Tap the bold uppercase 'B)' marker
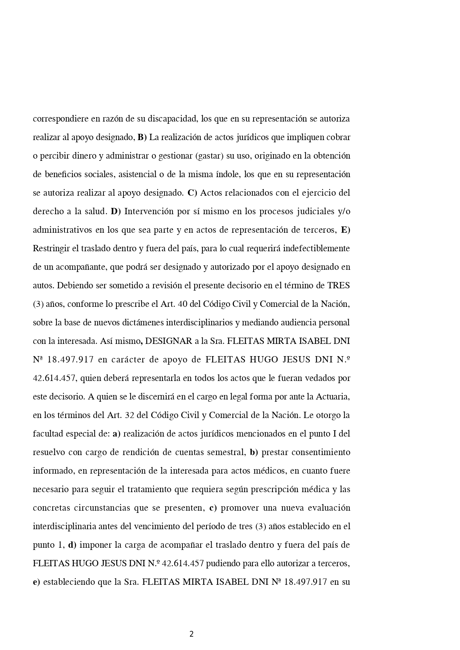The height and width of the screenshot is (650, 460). (x=142, y=137)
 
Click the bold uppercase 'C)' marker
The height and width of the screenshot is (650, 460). (x=192, y=193)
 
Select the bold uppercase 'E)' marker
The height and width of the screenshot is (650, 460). (x=345, y=230)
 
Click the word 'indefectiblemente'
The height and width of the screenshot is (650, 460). (x=316, y=249)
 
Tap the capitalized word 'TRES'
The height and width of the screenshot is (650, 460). (x=338, y=286)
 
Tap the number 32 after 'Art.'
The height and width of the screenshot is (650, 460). (x=129, y=415)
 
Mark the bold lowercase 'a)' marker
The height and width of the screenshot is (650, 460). (x=116, y=434)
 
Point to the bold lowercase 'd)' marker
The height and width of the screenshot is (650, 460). (x=72, y=545)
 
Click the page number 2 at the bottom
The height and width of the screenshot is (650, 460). (x=191, y=634)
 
